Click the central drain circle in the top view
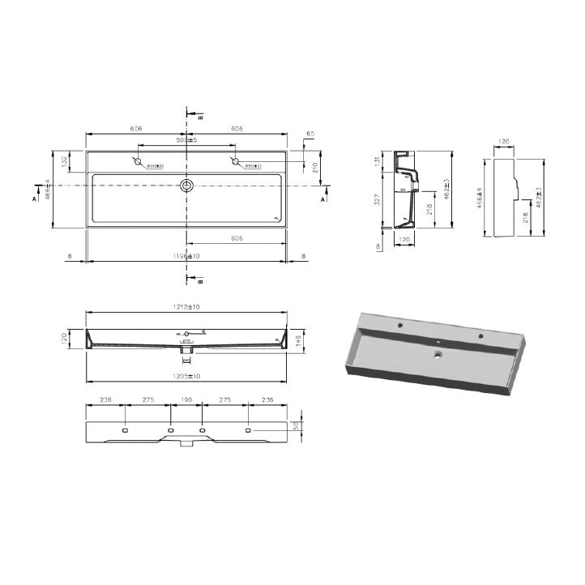[188, 186]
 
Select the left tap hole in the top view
[139, 164]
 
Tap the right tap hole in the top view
[237, 164]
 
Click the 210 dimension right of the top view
[314, 167]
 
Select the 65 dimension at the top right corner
[310, 135]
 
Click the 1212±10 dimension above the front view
[188, 307]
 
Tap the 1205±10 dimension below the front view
[188, 376]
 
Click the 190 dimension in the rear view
[187, 400]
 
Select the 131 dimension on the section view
[378, 160]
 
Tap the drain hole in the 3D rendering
[437, 355]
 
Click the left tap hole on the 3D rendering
[400, 326]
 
